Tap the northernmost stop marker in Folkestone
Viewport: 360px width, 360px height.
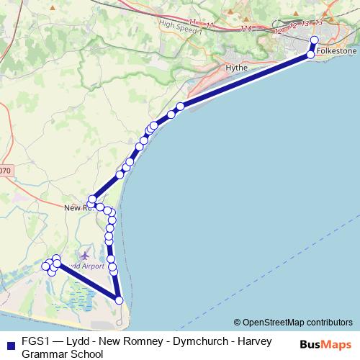pos(315,41)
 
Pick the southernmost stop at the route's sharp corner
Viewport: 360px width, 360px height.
pos(119,300)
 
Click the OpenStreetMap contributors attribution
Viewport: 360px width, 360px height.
pos(297,323)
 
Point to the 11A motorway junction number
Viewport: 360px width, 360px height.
pos(246,29)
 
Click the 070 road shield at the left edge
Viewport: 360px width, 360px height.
pos(5,171)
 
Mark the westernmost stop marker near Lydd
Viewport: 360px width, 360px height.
pos(46,266)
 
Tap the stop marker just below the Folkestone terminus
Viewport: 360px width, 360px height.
pos(310,55)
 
